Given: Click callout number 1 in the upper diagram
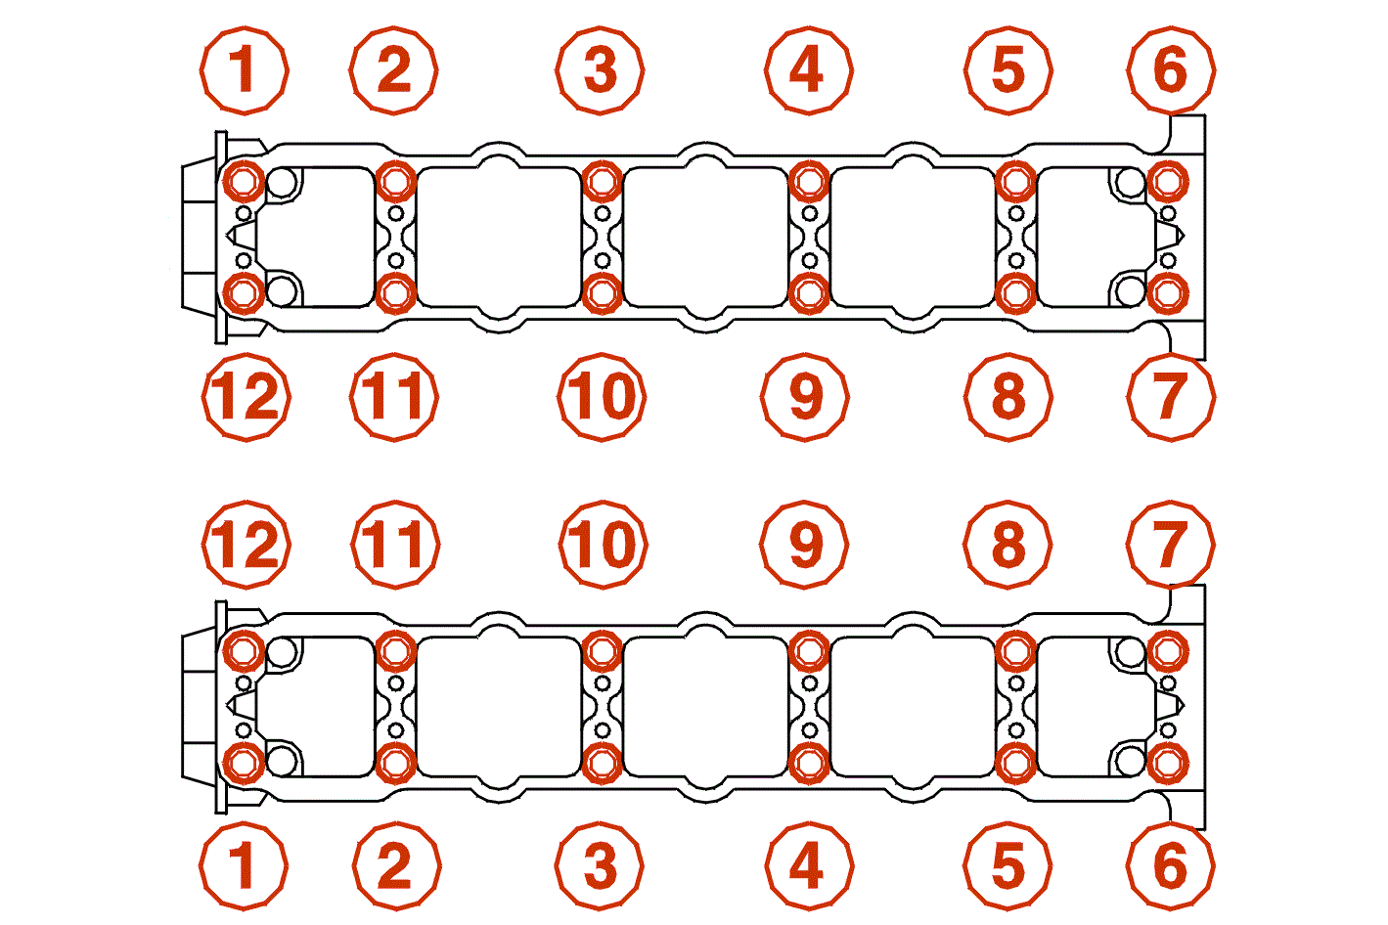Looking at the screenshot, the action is (x=245, y=70).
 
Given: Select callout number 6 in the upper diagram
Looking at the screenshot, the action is (x=1171, y=70).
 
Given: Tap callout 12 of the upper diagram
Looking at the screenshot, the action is (x=246, y=397).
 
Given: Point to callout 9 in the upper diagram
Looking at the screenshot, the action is (x=805, y=397).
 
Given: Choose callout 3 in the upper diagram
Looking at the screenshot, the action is (x=600, y=70).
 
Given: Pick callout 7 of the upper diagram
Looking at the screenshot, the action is (x=1171, y=397).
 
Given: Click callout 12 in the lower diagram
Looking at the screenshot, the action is (x=246, y=545).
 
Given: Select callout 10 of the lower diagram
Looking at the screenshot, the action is (x=603, y=545).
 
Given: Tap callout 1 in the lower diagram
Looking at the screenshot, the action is (x=244, y=866).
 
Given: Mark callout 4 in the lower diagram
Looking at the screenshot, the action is (x=809, y=866).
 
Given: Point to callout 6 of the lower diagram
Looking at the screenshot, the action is (x=1170, y=866).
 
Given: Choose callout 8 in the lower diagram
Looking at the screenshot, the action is (x=1007, y=545).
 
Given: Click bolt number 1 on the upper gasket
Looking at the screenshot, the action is (x=244, y=182).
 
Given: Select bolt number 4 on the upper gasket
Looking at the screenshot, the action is (x=809, y=182).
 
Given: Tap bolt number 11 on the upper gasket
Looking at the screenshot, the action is (x=396, y=293).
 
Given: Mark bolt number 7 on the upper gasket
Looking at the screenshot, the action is (x=1168, y=293).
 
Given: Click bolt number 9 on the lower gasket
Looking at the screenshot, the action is (x=809, y=651).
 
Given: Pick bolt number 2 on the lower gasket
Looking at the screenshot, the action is (x=396, y=763).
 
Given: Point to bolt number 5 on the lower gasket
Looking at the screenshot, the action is (x=1015, y=763).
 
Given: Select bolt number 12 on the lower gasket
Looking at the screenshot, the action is (x=244, y=651).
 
